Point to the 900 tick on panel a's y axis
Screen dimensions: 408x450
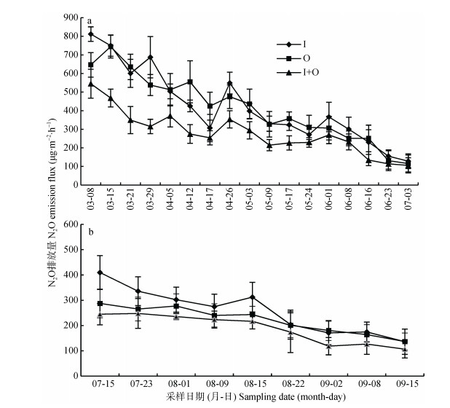click(x=71, y=17)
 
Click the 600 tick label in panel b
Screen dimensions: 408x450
click(x=71, y=224)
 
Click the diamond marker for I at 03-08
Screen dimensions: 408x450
click(x=91, y=34)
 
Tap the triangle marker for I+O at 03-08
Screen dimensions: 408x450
click(x=91, y=83)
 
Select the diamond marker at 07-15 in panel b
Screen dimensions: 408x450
click(x=100, y=272)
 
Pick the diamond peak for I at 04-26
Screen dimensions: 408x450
click(x=230, y=83)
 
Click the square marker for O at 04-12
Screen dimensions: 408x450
click(x=190, y=82)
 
